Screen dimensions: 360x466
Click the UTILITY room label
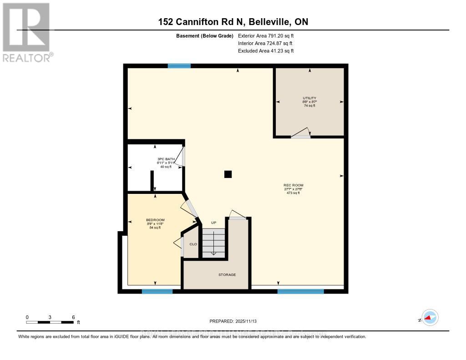pos(309,98)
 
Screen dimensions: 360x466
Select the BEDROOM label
pos(155,220)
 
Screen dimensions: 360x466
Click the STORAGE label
pos(227,274)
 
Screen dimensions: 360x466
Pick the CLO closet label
pos(193,244)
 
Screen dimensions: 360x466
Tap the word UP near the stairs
pos(213,223)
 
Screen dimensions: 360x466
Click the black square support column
pos(228,174)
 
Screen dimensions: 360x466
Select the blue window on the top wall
pos(179,66)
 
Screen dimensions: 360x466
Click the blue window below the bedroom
pos(157,291)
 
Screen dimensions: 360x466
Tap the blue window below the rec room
pos(300,291)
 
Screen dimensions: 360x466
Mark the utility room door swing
pos(301,132)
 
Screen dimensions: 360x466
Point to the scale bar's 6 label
pos(73,317)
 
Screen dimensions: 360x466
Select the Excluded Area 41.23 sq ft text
pos(266,51)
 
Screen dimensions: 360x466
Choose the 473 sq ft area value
pos(293,193)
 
